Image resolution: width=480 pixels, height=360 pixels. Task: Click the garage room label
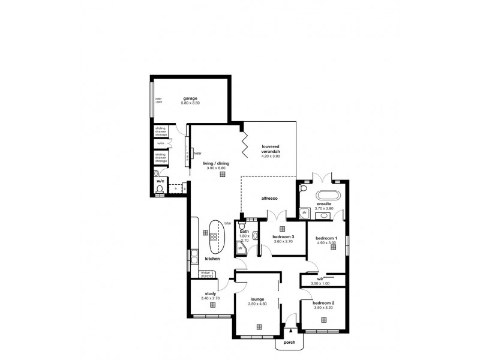click(x=190, y=98)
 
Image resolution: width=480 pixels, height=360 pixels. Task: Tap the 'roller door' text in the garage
click(x=159, y=100)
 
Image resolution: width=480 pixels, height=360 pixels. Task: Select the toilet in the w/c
click(x=160, y=190)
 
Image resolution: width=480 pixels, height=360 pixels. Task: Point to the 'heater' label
click(x=197, y=153)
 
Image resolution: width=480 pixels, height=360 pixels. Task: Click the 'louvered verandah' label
click(x=271, y=149)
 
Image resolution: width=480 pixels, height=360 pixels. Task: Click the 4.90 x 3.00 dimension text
click(x=326, y=243)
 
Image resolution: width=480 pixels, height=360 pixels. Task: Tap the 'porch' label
click(x=290, y=344)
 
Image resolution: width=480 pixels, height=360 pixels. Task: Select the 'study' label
click(x=210, y=293)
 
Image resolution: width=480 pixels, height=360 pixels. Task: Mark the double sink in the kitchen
click(x=194, y=257)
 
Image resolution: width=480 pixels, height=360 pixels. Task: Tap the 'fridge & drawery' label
click(x=208, y=274)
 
